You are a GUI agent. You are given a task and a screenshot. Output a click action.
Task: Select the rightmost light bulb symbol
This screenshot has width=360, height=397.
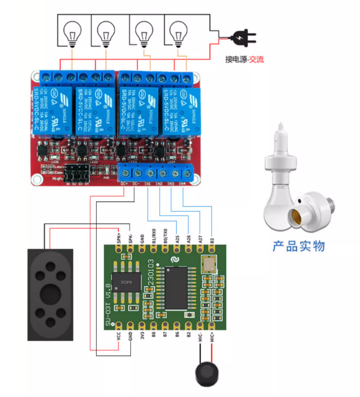point(177,32)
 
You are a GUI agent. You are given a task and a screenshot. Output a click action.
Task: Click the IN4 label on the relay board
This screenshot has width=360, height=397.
point(182,184)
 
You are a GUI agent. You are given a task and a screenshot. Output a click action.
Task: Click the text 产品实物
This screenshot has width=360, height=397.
point(299,246)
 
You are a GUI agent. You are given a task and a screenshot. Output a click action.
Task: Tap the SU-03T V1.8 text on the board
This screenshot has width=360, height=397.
point(108,305)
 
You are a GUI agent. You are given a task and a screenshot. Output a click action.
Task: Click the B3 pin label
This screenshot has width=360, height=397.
point(212,239)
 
